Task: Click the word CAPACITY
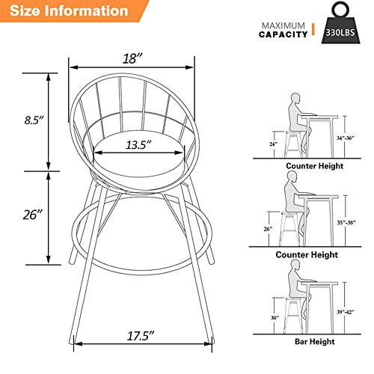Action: pos(283,34)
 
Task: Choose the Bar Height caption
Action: pos(314,342)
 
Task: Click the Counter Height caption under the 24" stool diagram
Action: pos(314,166)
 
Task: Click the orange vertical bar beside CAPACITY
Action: pos(313,29)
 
